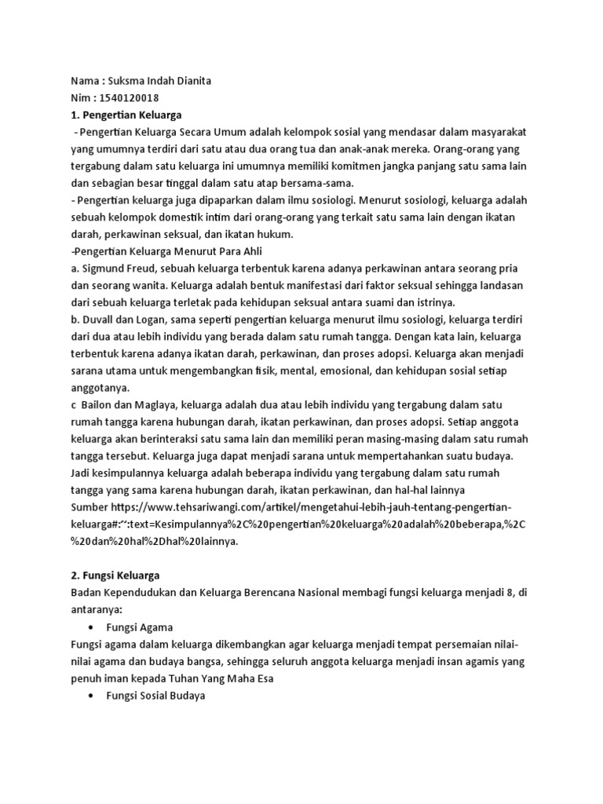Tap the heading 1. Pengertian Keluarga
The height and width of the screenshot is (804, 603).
pyautogui.click(x=126, y=115)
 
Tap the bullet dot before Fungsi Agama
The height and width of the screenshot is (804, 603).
pyautogui.click(x=92, y=627)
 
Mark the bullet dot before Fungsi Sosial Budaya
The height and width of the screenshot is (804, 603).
pyautogui.click(x=92, y=696)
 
